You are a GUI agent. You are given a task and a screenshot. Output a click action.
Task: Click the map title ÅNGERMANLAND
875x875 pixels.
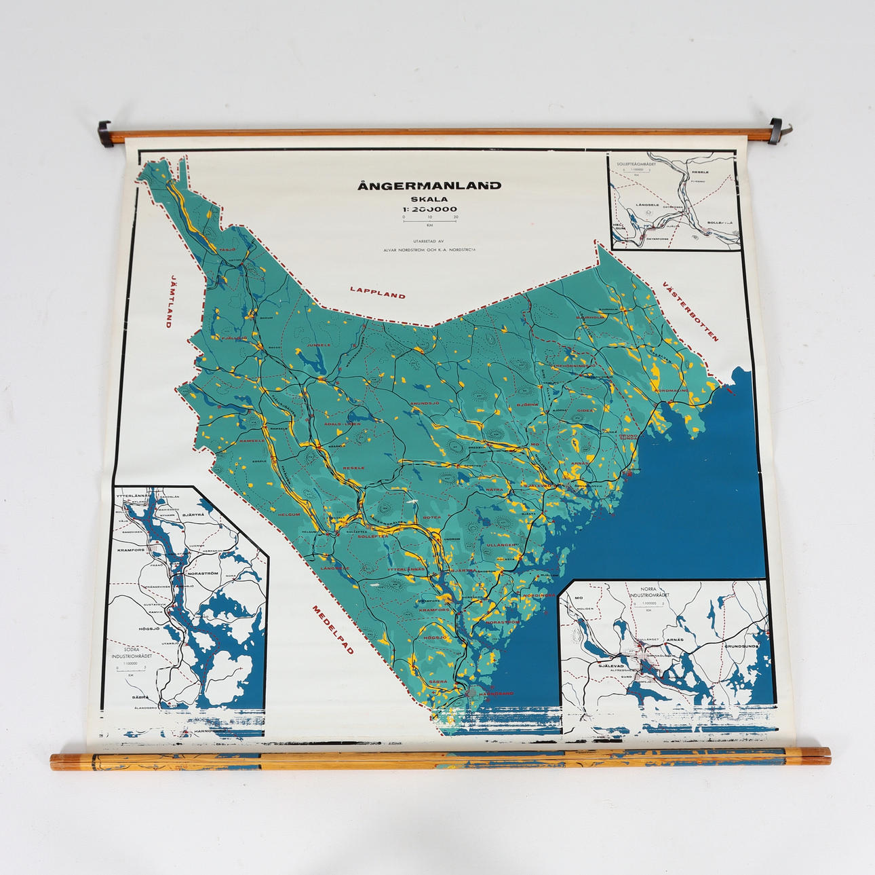(430, 185)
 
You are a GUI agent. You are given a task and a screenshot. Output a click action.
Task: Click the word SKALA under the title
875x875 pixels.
(429, 199)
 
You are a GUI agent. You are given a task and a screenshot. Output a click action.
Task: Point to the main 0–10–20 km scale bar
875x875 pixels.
(429, 219)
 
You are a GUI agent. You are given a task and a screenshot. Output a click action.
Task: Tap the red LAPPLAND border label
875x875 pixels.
(378, 293)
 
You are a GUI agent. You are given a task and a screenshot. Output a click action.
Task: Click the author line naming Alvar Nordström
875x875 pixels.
(429, 249)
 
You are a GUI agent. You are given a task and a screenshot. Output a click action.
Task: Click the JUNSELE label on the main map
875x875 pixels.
(318, 345)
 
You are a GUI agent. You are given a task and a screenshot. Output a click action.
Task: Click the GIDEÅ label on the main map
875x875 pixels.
(585, 410)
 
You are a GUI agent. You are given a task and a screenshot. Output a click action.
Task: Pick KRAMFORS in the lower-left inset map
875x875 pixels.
(130, 551)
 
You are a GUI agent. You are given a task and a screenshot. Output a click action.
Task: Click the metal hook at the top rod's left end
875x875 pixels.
(104, 126)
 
